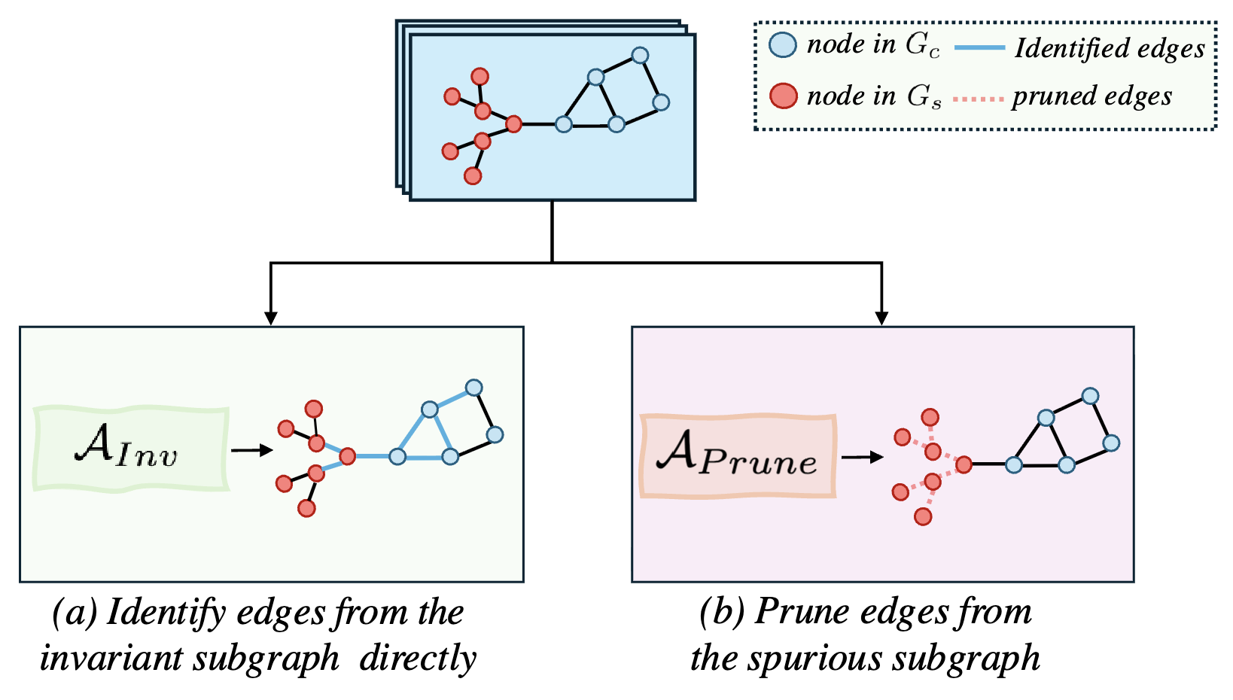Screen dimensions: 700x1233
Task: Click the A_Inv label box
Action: (130, 449)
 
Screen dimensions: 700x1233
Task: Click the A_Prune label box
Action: (738, 456)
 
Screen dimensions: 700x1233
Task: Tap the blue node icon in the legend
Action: (783, 45)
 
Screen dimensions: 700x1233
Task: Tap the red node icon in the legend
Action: (783, 96)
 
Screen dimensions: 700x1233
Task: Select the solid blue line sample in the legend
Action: (979, 48)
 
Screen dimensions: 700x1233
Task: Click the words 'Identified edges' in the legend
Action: (1110, 48)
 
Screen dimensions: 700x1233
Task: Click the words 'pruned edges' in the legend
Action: (1091, 96)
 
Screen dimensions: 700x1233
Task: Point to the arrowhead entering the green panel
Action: (271, 318)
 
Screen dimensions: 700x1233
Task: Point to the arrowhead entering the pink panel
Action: (881, 318)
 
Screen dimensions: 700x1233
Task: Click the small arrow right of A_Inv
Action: (252, 450)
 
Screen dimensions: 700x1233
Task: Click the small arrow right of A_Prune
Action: (863, 457)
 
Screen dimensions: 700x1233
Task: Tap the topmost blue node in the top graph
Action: (640, 55)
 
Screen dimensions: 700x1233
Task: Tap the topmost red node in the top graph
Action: (479, 76)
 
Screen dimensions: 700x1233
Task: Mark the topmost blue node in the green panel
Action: (473, 388)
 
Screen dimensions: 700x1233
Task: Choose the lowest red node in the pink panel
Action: (923, 516)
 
